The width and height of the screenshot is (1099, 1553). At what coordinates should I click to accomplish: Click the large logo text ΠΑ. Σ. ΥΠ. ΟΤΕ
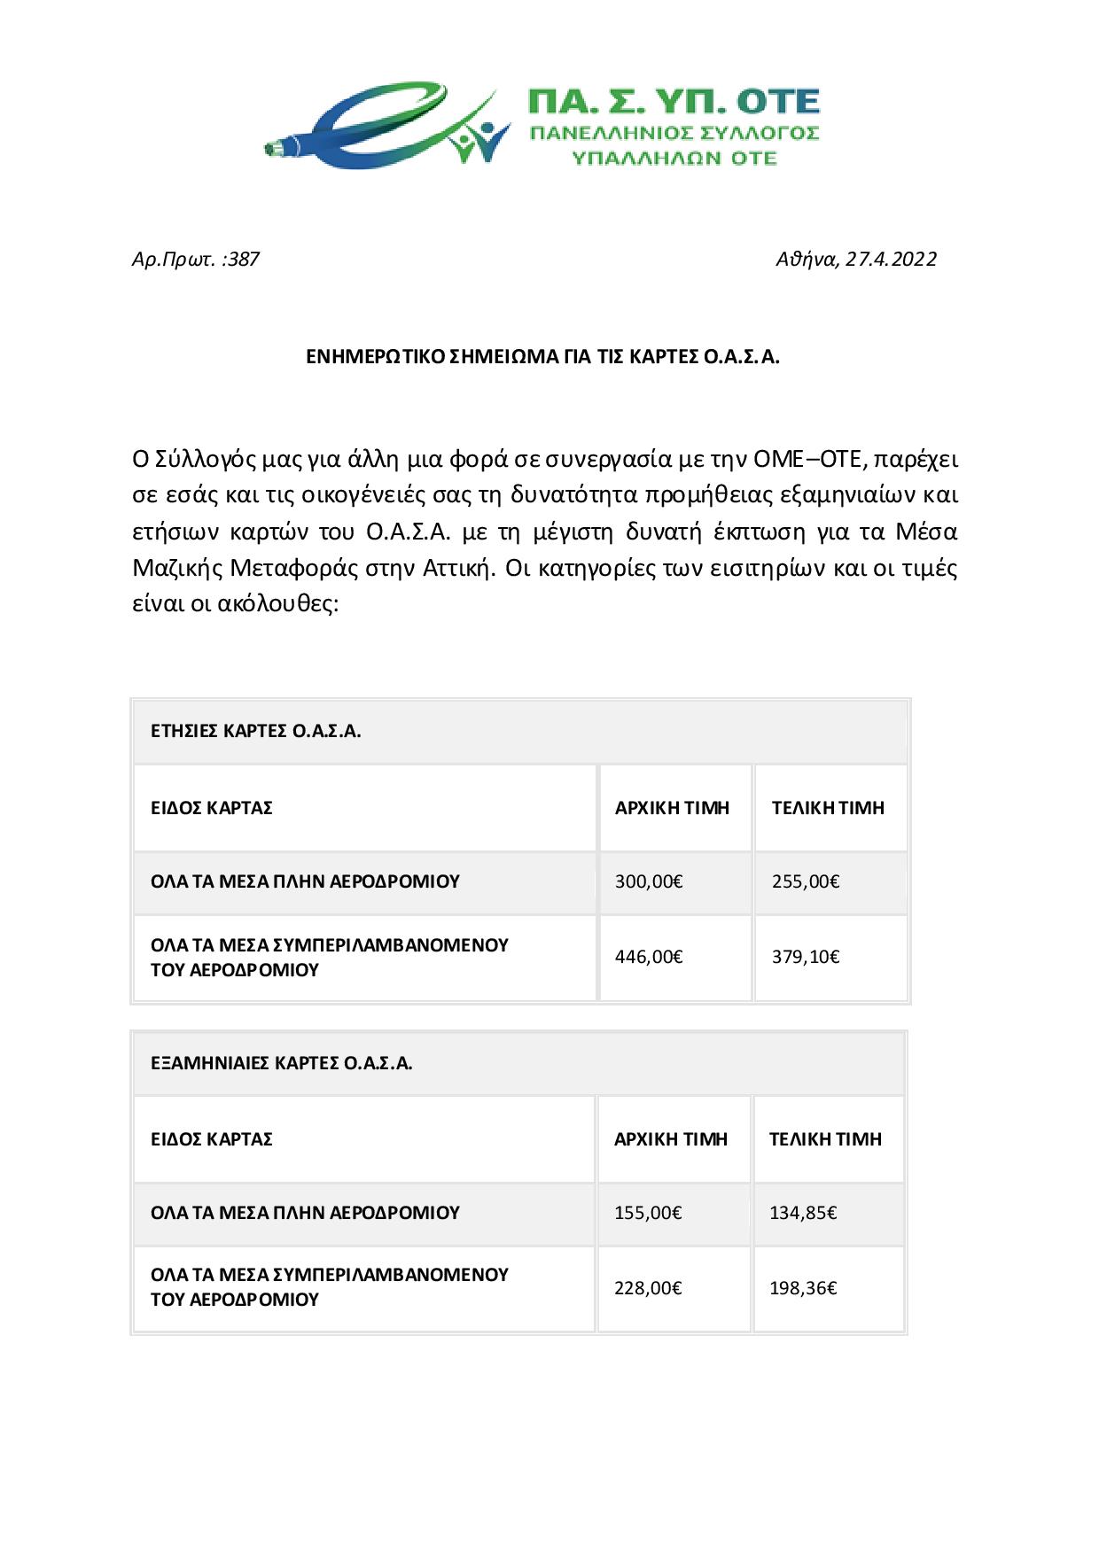coord(673,101)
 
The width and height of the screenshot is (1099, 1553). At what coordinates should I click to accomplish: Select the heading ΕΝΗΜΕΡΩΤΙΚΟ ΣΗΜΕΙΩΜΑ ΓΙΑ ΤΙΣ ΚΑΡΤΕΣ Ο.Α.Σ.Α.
coord(542,357)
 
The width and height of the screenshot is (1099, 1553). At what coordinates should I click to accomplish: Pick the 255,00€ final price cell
coord(805,881)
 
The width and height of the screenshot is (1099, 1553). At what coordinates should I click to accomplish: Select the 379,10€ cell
coord(805,957)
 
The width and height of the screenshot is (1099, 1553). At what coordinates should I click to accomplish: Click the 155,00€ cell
coord(648,1213)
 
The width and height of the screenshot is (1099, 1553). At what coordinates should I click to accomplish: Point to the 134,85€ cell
coord(803,1213)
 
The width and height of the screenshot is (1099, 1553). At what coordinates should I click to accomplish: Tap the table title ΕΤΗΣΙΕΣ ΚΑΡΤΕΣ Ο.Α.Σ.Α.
coord(256,732)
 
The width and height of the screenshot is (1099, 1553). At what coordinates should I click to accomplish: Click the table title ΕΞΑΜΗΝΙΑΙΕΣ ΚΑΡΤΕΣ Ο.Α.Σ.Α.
coord(282,1063)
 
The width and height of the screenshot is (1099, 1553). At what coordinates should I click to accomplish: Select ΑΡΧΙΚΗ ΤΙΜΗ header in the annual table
coord(672,808)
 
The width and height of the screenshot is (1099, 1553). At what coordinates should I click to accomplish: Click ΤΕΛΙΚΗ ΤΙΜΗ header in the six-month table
coord(825,1139)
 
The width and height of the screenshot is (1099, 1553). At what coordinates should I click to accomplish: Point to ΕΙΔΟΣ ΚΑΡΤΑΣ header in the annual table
coord(212,808)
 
